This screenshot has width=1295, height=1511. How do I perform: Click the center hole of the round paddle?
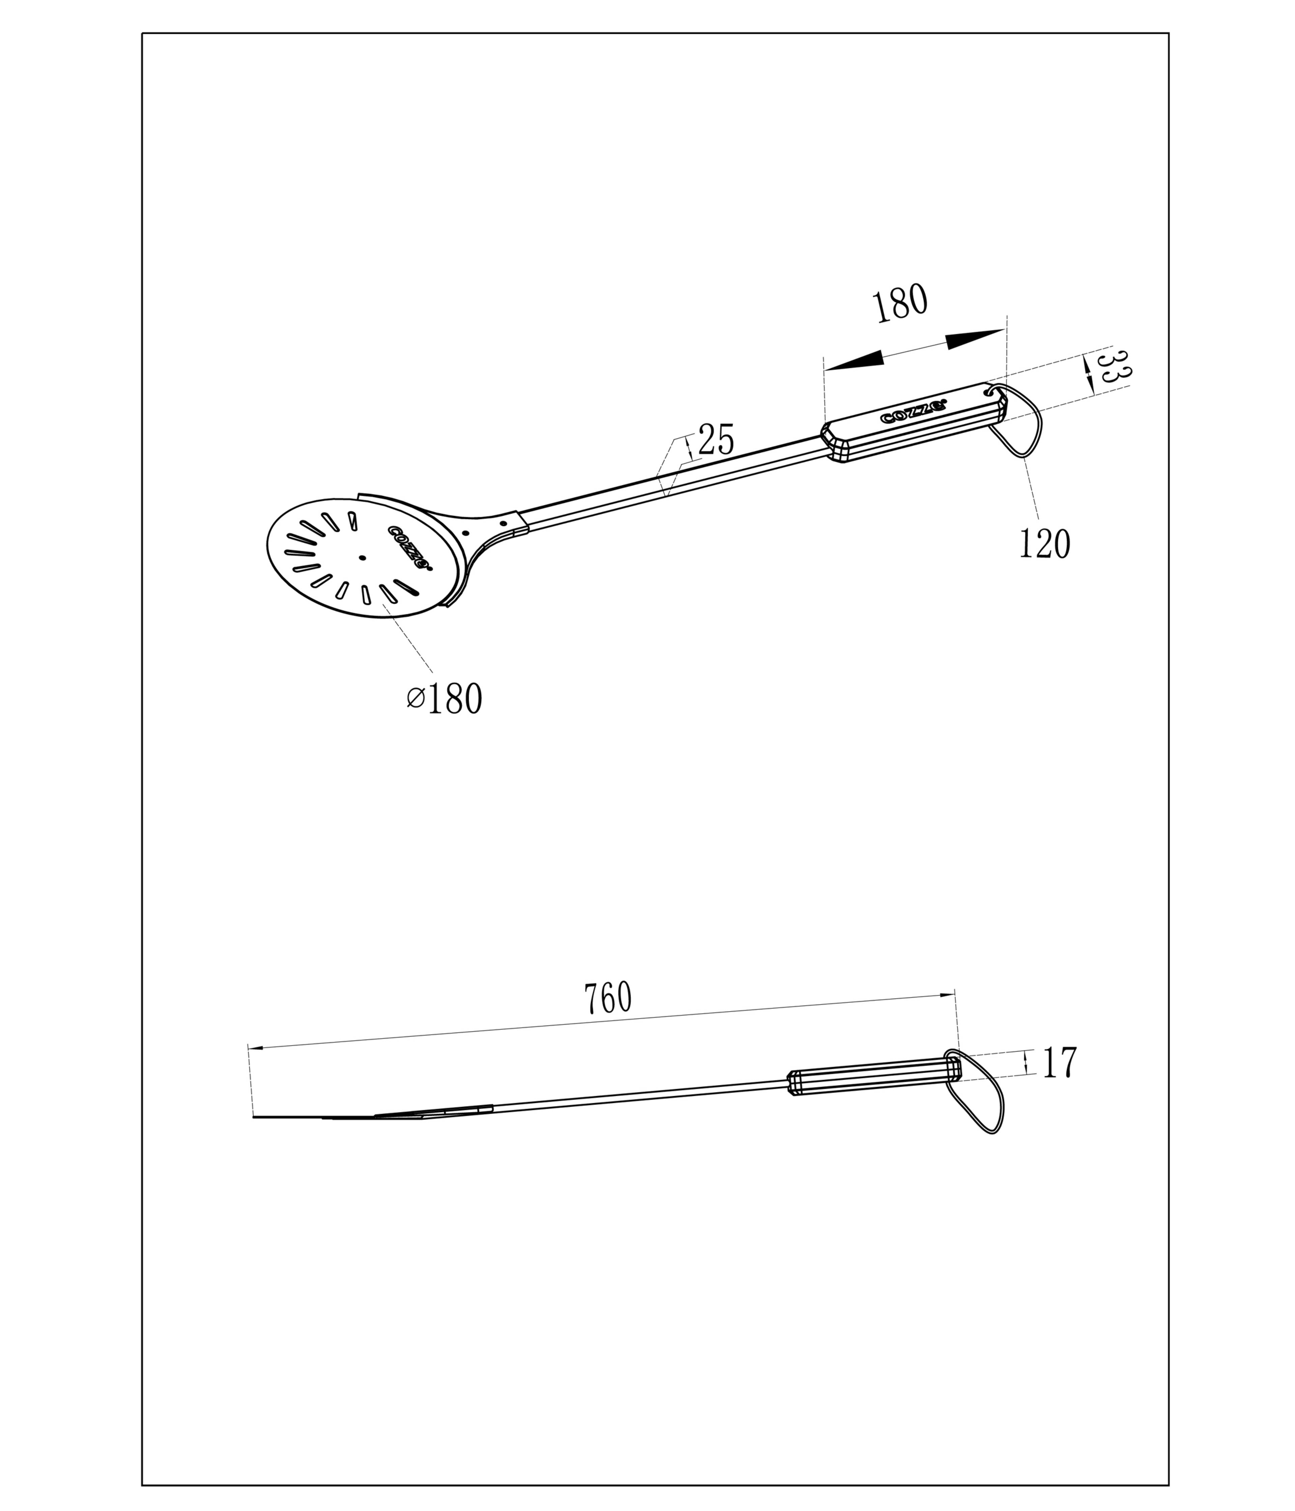pyautogui.click(x=363, y=558)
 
